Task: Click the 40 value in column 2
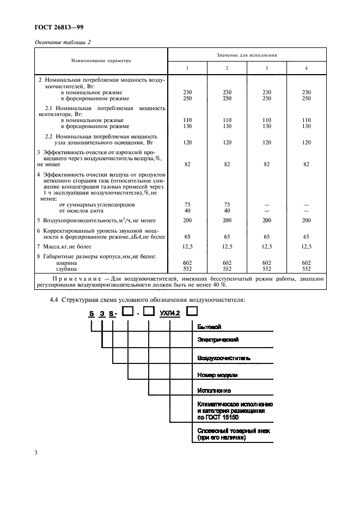pyautogui.click(x=227, y=210)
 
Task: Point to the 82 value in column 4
pyautogui.click(x=306, y=163)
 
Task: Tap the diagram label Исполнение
pyautogui.click(x=214, y=391)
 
